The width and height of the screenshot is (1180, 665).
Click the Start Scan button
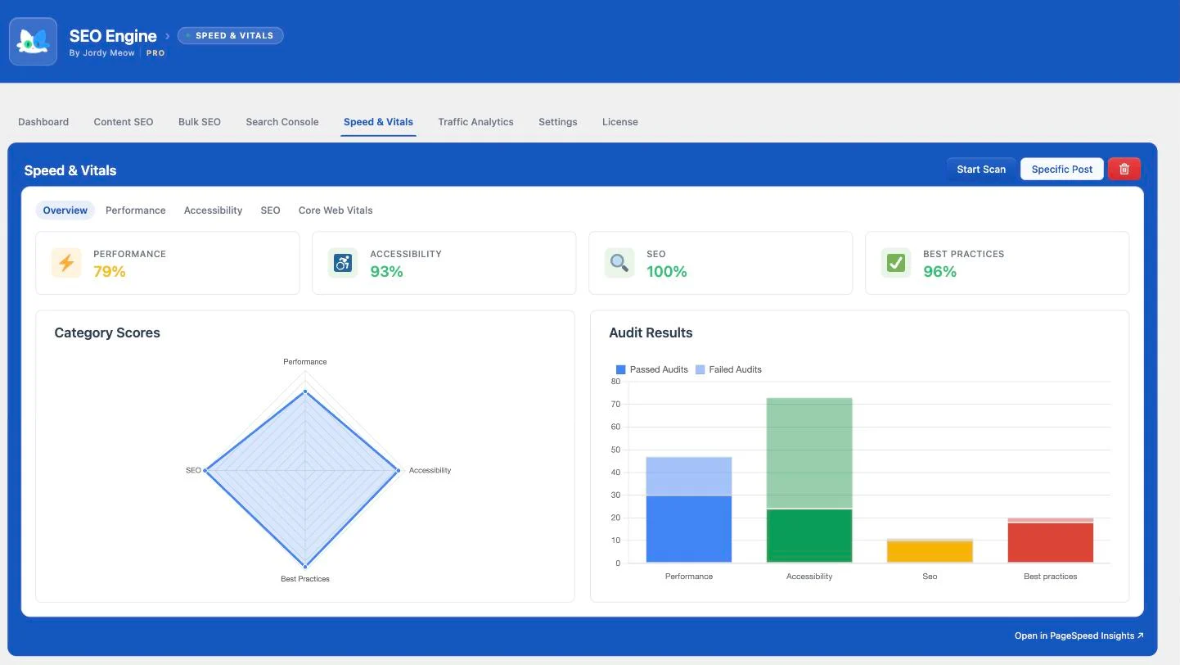click(981, 170)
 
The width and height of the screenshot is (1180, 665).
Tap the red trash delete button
click(1124, 170)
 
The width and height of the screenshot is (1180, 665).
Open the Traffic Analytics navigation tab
click(475, 122)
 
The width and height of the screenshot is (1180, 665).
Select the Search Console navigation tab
click(281, 122)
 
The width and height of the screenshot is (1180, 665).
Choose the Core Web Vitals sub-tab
click(336, 210)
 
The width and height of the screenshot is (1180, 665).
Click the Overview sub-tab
click(65, 210)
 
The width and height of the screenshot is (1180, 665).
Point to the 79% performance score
click(110, 272)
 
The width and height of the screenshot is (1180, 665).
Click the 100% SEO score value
click(666, 272)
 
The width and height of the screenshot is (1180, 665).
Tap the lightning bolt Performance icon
click(66, 263)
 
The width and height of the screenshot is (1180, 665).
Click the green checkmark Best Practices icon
click(895, 263)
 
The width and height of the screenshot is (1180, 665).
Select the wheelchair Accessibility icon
click(342, 263)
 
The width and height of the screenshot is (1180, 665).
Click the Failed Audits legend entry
click(728, 369)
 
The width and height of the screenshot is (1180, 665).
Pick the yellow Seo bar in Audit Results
click(930, 552)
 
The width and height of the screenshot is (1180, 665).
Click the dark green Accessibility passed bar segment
click(809, 536)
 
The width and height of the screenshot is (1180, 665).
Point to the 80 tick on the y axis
click(615, 382)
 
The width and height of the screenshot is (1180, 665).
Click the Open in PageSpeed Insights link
click(1079, 636)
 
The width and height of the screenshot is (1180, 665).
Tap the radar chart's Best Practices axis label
click(305, 579)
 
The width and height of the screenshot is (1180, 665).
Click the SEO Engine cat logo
click(34, 42)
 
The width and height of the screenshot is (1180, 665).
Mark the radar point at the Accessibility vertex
click(399, 470)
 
